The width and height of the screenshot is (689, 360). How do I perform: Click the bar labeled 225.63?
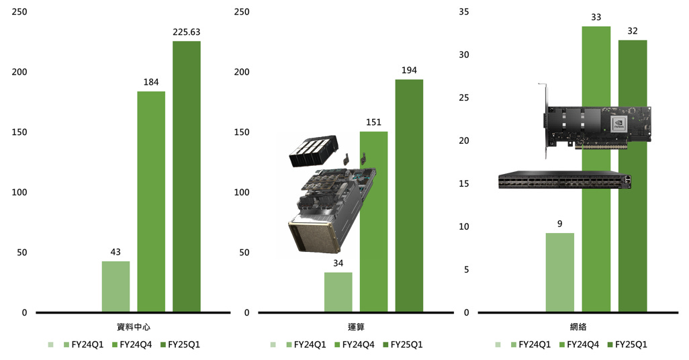coord(186,176)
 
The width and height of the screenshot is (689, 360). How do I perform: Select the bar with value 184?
coord(151,201)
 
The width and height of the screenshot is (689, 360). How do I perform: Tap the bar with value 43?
coord(116,287)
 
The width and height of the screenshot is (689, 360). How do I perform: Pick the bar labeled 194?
coord(409,195)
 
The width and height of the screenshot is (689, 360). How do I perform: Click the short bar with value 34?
coord(338,292)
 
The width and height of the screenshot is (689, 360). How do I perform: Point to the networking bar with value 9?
coord(560,273)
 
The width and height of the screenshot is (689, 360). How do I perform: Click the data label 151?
coord(373,122)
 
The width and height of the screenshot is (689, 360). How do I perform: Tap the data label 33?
coord(596,17)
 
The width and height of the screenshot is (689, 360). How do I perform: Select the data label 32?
coord(633,31)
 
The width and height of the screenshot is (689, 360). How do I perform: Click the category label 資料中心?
coord(134,327)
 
